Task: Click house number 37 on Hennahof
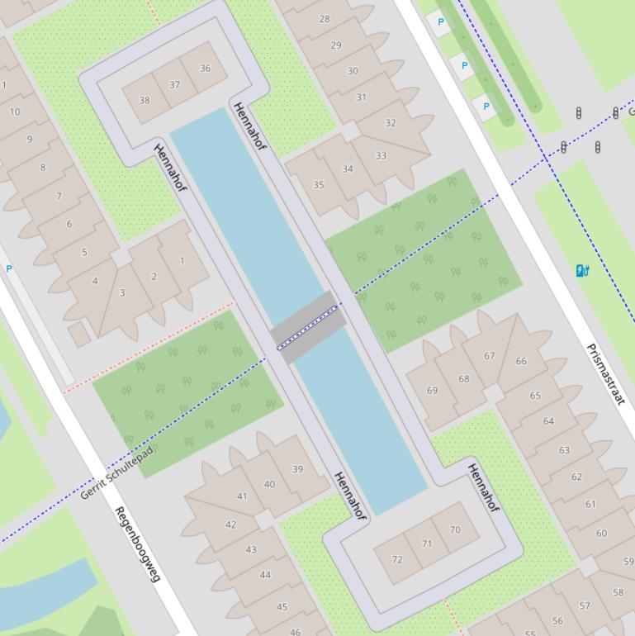[175, 84]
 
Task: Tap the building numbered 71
[427, 543]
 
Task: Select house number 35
[319, 185]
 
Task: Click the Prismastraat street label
[604, 373]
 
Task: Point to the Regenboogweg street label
[136, 543]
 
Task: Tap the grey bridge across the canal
[308, 326]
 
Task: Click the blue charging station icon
[582, 270]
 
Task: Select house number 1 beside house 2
[182, 260]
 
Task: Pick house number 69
[432, 390]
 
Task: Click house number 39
[297, 468]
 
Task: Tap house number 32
[390, 123]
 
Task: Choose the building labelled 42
[230, 524]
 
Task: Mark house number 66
[521, 361]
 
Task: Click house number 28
[325, 19]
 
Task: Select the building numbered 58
[618, 591]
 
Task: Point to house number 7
[59, 197]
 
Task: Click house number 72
[397, 559]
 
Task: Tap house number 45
[282, 606]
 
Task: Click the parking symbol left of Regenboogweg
[9, 268]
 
